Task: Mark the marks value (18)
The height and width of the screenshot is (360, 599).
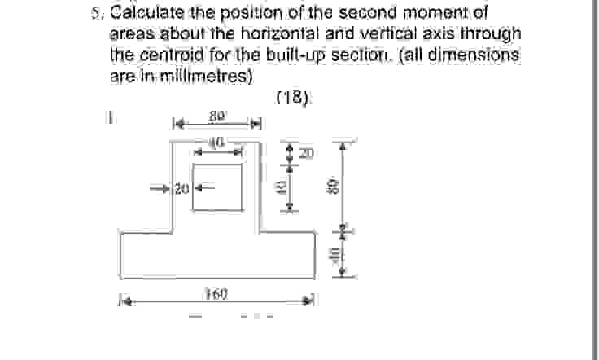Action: point(294,98)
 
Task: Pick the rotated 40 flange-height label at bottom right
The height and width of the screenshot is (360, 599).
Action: point(334,252)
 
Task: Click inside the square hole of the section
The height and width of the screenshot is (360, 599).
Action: point(217,187)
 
